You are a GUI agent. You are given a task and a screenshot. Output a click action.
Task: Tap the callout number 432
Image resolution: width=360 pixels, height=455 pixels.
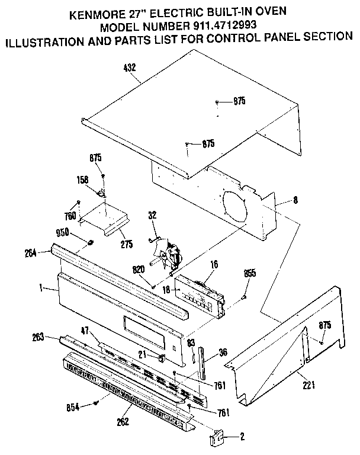pyautogui.click(x=130, y=68)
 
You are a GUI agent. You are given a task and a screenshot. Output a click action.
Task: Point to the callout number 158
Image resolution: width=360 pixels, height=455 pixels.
pyautogui.click(x=83, y=178)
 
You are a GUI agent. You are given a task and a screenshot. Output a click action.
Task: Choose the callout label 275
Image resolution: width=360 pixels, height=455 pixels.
pyautogui.click(x=126, y=243)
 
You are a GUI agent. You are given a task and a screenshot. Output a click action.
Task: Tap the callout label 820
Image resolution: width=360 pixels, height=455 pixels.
pyautogui.click(x=139, y=268)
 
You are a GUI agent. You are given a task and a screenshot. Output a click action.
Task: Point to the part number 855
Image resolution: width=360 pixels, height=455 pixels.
pyautogui.click(x=250, y=273)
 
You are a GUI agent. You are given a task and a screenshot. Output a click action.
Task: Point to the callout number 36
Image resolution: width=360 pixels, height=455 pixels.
pyautogui.click(x=223, y=351)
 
